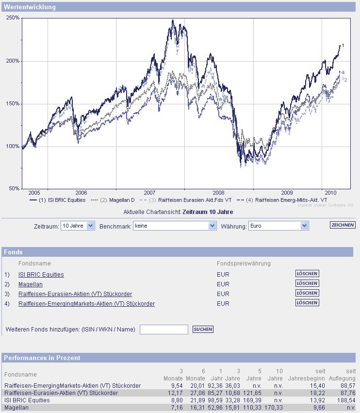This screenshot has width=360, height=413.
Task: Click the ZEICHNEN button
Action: click(343, 225)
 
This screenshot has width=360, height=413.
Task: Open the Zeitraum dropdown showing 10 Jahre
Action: click(78, 226)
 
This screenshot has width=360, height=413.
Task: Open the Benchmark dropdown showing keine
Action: click(175, 226)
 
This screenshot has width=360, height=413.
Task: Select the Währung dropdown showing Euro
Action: click(278, 226)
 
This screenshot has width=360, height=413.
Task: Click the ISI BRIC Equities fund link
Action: click(41, 275)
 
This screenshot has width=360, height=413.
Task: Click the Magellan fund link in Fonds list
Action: click(31, 284)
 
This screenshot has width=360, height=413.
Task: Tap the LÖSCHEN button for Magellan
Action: click(307, 283)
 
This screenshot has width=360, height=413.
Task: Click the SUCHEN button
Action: click(203, 329)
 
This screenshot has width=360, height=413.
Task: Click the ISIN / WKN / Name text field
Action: click(164, 330)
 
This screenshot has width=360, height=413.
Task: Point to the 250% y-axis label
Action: click(13, 17)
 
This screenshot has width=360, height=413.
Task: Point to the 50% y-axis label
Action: click(14, 188)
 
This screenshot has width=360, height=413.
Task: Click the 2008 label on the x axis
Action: click(219, 192)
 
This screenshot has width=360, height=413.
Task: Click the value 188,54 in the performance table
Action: click(346, 400)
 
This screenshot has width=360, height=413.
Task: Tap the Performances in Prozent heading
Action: click(42, 358)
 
